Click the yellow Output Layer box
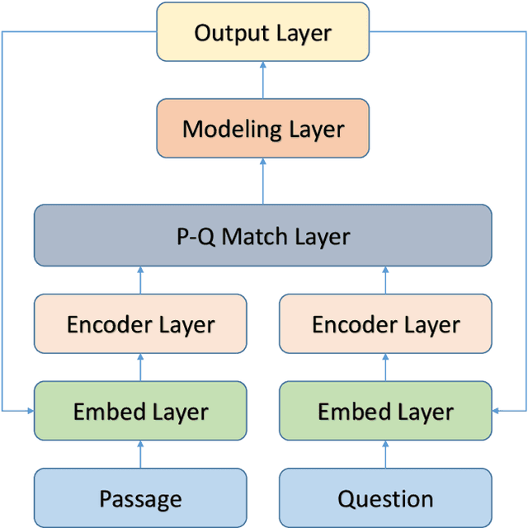[263, 34]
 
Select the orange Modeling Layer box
[263, 129]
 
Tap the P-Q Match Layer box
[263, 236]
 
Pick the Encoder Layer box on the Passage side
[140, 324]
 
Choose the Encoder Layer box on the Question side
[385, 324]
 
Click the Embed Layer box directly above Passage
[140, 411]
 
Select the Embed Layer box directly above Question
[385, 411]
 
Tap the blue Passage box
[140, 498]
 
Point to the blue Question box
[385, 498]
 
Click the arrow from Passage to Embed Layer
[140, 454]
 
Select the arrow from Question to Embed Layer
[385, 454]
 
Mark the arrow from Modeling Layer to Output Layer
[263, 82]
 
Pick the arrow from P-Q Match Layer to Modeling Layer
[263, 182]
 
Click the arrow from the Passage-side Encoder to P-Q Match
[140, 281]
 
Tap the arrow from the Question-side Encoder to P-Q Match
[385, 281]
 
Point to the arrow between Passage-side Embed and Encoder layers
[140, 368]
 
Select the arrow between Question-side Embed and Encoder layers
[385, 368]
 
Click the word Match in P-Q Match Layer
[252, 237]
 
